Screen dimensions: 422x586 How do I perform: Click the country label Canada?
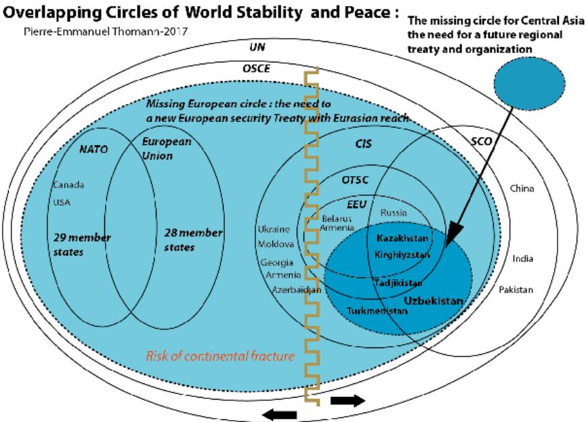65,186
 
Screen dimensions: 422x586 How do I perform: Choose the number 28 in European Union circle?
172,232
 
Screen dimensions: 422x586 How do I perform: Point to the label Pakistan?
516,289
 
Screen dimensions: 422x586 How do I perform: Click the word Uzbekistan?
434,299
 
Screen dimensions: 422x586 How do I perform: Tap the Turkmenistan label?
377,311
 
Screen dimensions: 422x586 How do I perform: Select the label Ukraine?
274,230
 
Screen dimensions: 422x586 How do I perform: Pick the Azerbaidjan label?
297,289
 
